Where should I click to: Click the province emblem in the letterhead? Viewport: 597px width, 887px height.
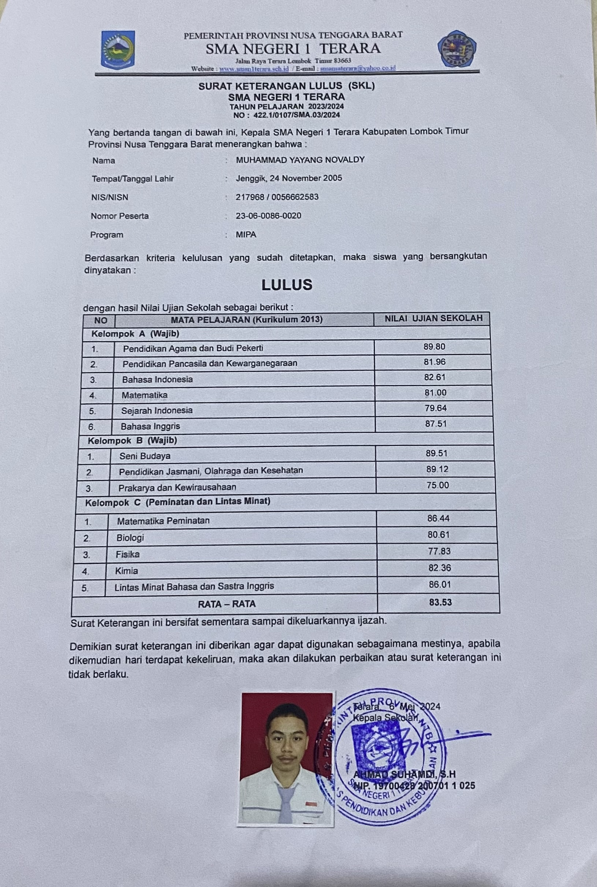118,50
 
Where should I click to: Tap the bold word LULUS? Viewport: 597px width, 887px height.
287,285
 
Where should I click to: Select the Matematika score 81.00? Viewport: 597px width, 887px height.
435,393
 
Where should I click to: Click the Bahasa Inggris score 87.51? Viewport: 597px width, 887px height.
435,424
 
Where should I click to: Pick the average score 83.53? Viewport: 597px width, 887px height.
440,602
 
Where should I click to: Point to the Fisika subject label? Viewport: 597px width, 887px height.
127,554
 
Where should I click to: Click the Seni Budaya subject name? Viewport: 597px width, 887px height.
145,456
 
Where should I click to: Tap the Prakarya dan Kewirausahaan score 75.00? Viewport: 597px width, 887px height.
437,485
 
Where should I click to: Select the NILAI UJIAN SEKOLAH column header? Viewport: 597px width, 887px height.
433,318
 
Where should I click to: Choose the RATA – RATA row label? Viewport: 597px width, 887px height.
227,604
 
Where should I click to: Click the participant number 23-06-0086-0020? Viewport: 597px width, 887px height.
268,216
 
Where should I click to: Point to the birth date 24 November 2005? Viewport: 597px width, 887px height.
306,178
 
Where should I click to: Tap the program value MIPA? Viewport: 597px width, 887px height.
246,234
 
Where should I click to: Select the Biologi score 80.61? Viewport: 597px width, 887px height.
438,535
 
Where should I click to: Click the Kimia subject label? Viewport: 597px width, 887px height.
126,570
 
